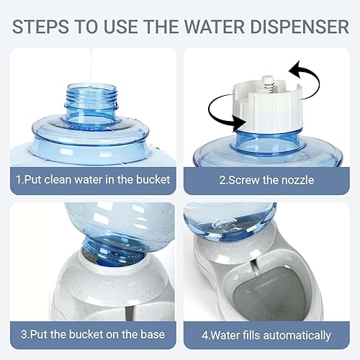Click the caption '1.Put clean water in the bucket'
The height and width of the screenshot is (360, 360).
click(93, 179)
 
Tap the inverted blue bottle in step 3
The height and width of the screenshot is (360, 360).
click(101, 230)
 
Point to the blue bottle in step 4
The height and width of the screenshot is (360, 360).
click(223, 223)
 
